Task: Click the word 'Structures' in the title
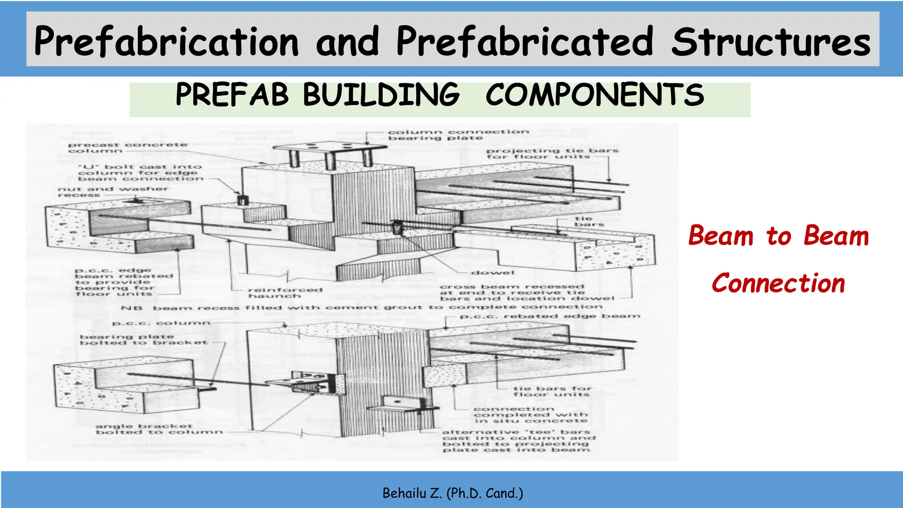tap(771, 42)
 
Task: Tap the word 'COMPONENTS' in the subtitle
tap(594, 95)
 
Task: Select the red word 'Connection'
tap(778, 283)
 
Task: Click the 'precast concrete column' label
tap(127, 148)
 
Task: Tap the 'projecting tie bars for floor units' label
tap(552, 153)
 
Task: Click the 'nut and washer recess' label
tap(112, 192)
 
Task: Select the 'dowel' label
tap(493, 273)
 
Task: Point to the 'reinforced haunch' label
tap(285, 293)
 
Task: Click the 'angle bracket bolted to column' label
tap(159, 429)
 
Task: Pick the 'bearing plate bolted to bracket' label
tap(143, 340)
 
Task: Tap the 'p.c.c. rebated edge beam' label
tap(550, 316)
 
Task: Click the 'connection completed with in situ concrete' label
tap(530, 415)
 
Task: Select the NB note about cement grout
tap(362, 307)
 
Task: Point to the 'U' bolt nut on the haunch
tap(242, 199)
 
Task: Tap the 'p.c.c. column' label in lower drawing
tap(161, 323)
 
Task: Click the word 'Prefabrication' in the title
tap(167, 42)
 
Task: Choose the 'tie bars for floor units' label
tap(552, 391)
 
